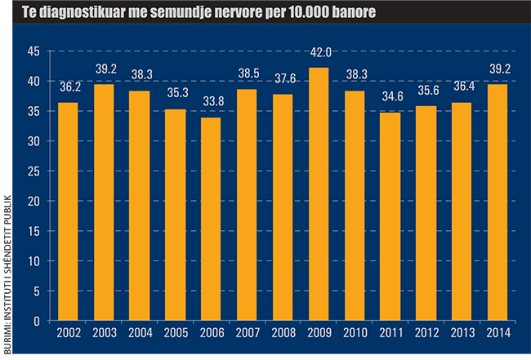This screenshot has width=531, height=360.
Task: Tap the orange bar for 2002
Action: point(68,211)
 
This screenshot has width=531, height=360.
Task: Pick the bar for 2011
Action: point(391,216)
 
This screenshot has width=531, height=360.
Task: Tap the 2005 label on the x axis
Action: point(176,334)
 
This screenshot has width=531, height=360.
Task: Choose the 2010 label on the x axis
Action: point(355,334)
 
